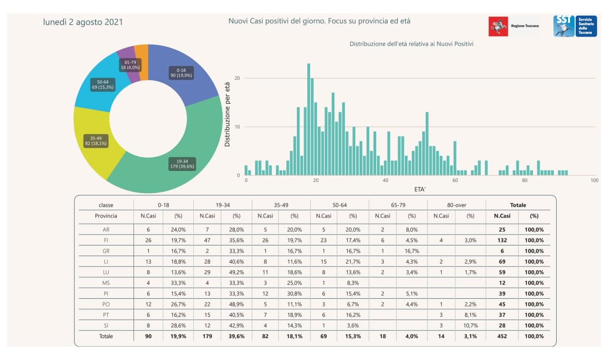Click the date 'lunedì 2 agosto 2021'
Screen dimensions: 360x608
point(83,22)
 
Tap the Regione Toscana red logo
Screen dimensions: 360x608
point(498,26)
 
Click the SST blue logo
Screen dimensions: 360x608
point(564,26)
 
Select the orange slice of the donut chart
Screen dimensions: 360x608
point(141,53)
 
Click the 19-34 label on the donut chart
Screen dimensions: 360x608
point(182,164)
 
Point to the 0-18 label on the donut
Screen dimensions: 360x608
point(181,72)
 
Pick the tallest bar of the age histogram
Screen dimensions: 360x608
point(308,119)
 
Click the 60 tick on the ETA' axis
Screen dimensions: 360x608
point(455,180)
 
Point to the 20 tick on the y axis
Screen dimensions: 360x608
point(237,78)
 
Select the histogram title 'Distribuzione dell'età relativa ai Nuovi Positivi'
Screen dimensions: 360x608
point(411,44)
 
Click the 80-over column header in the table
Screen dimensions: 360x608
point(456,205)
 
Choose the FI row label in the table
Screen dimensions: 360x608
point(106,240)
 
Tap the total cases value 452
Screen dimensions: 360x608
point(502,336)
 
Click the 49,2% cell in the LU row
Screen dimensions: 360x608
point(236,272)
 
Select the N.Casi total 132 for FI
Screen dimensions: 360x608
point(502,240)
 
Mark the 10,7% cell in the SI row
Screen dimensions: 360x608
point(470,326)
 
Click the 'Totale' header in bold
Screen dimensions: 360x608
point(518,205)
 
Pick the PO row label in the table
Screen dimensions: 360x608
point(106,304)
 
